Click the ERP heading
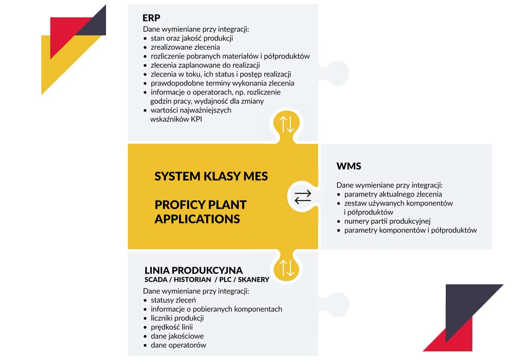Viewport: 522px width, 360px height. pyautogui.click(x=151, y=18)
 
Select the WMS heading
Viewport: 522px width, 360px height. pyautogui.click(x=349, y=166)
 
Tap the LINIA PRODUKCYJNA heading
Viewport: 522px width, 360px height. pyautogui.click(x=193, y=270)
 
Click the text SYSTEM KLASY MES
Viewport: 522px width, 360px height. pyautogui.click(x=211, y=176)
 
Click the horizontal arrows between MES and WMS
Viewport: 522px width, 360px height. pyautogui.click(x=303, y=196)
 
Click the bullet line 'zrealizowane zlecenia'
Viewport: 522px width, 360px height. pyautogui.click(x=185, y=47)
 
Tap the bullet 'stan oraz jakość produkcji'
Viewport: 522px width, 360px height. pyautogui.click(x=191, y=38)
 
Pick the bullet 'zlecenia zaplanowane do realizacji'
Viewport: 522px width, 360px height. pyautogui.click(x=205, y=65)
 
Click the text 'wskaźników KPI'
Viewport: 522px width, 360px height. pyautogui.click(x=175, y=119)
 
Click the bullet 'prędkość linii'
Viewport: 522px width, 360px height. pyautogui.click(x=171, y=327)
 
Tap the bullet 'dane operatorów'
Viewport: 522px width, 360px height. pyautogui.click(x=178, y=345)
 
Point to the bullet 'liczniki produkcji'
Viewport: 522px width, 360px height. pyautogui.click(x=177, y=318)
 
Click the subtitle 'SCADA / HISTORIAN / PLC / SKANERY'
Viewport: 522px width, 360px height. pyautogui.click(x=207, y=280)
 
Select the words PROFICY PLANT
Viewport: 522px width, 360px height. pyautogui.click(x=200, y=205)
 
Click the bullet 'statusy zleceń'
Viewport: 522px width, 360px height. pyautogui.click(x=173, y=300)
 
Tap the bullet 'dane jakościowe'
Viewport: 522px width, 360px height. pyautogui.click(x=177, y=336)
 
